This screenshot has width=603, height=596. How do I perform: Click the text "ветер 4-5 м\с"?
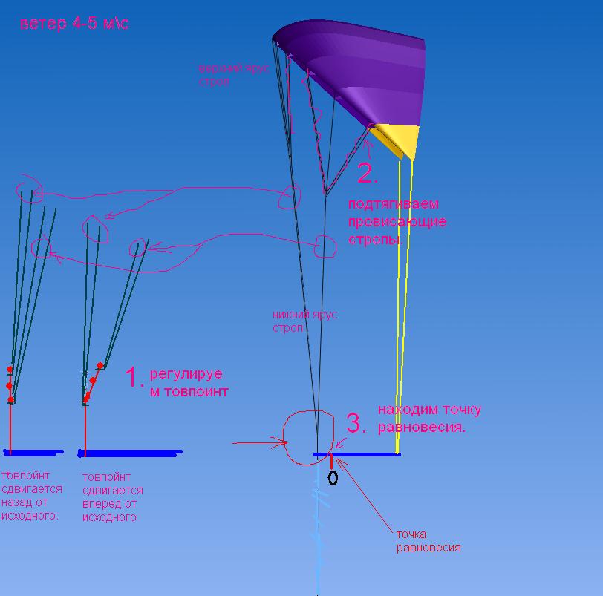[x=74, y=24]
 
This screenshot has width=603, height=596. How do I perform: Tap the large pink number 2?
[x=367, y=174]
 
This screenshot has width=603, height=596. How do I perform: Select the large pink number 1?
[x=133, y=378]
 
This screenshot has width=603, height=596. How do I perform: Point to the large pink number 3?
[x=356, y=424]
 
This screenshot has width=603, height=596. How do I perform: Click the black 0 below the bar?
[x=333, y=478]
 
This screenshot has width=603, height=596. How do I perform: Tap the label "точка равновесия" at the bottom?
[x=428, y=541]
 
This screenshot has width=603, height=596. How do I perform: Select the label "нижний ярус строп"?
[x=304, y=321]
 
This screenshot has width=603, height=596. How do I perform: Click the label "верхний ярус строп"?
[x=233, y=75]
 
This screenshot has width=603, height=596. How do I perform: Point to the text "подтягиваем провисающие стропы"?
[x=397, y=221]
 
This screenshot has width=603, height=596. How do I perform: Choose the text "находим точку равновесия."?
[x=429, y=418]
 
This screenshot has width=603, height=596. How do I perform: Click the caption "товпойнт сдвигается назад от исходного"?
[x=32, y=496]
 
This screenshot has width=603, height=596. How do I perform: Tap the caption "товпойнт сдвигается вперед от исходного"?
[x=112, y=497]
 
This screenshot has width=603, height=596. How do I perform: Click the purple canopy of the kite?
[x=356, y=67]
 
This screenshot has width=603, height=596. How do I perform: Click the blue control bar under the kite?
[x=356, y=454]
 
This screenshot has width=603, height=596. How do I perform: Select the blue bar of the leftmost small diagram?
[x=34, y=451]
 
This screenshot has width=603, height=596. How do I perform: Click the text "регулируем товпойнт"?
[x=189, y=382]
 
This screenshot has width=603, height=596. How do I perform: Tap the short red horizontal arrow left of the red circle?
[x=260, y=443]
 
